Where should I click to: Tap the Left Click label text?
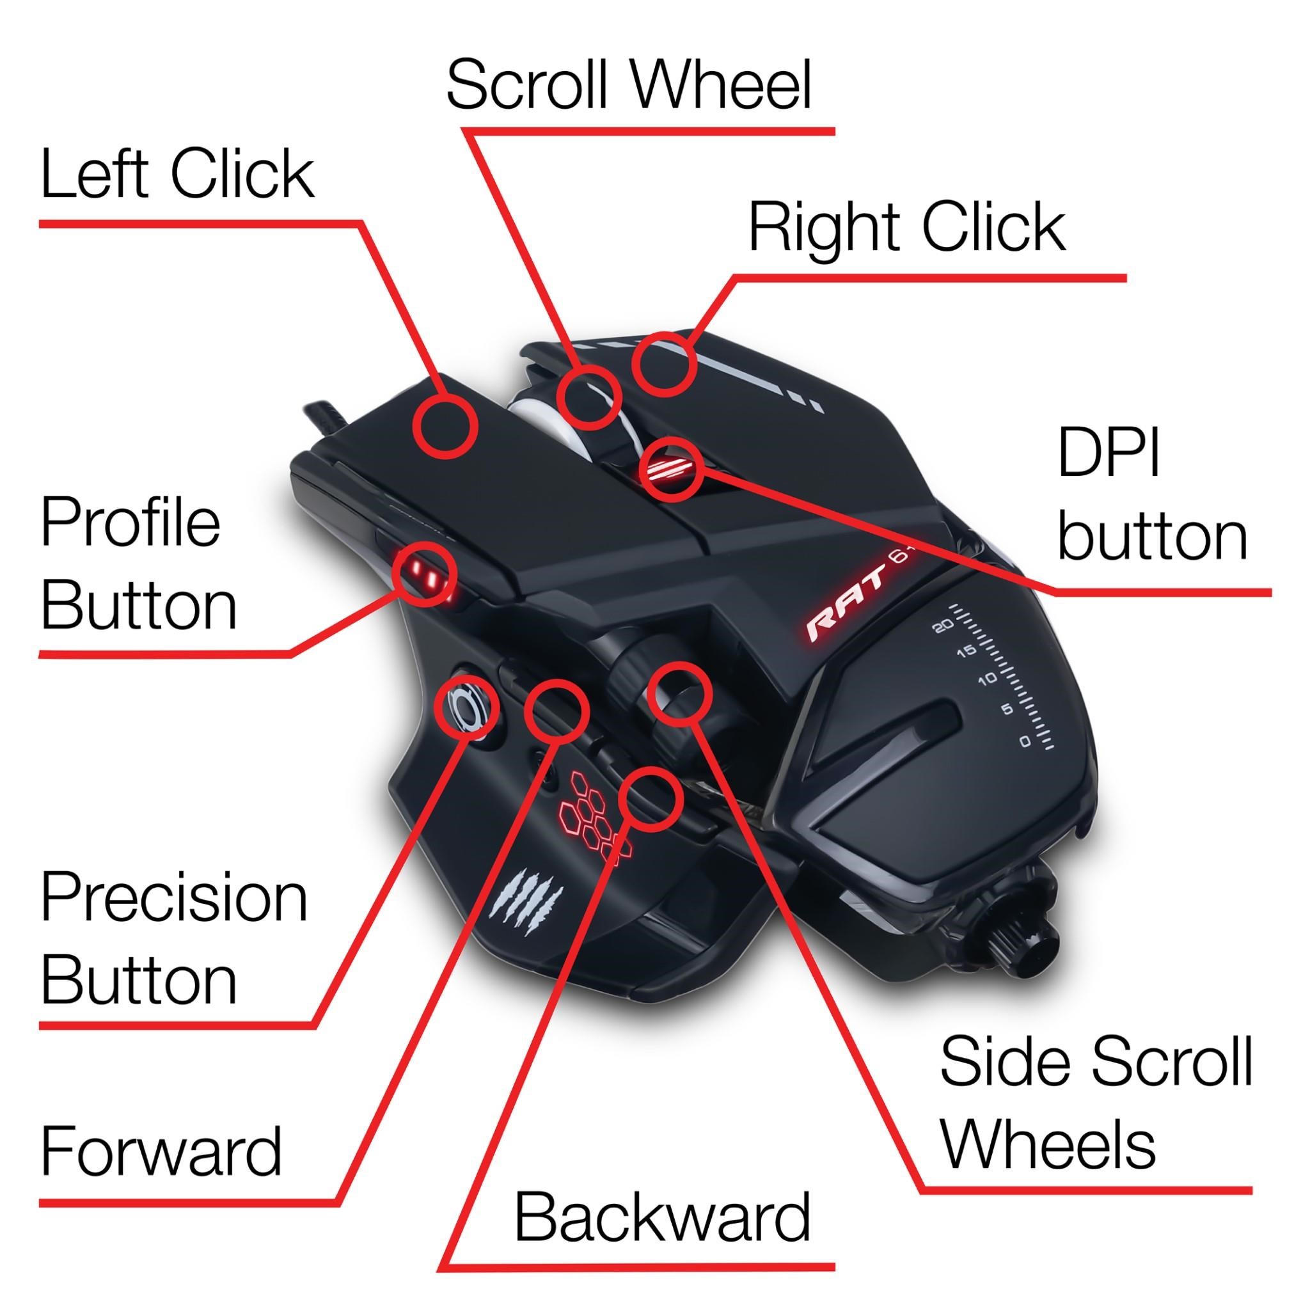click(x=178, y=174)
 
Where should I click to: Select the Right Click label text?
click(x=906, y=228)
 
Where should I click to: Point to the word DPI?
click(x=1109, y=452)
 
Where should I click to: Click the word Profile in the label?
click(x=131, y=523)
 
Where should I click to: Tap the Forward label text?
click(x=161, y=1151)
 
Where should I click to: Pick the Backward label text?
click(x=662, y=1217)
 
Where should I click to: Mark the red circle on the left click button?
click(x=445, y=427)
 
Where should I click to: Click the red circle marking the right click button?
click(x=665, y=365)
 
